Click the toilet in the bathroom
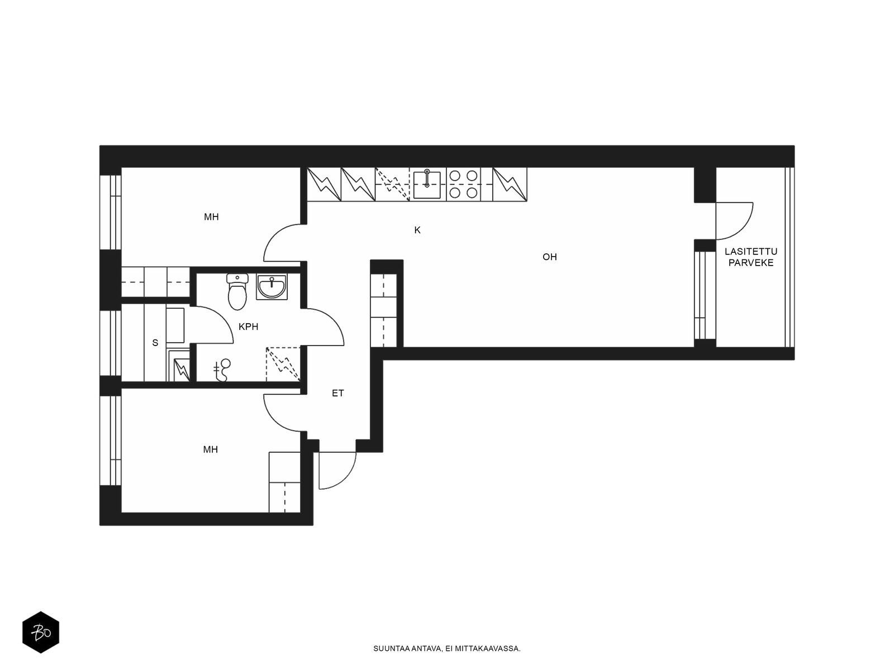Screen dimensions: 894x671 point(237,292)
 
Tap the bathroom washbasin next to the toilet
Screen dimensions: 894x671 point(272,286)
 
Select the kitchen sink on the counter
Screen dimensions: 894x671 point(427,185)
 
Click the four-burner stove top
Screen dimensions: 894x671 point(464,184)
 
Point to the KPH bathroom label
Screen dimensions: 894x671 point(249,327)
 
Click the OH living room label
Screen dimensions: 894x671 point(549,257)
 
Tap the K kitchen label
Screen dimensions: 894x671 point(417,230)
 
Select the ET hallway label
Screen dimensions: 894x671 point(337,393)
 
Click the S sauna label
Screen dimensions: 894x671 point(155,343)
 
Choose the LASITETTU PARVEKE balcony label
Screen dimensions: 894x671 point(751,257)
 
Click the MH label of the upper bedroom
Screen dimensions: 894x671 point(211,217)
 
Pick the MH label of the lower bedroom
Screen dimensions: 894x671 point(211,450)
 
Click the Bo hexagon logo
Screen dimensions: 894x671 point(41,632)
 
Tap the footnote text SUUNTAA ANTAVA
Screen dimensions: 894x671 point(408,649)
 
